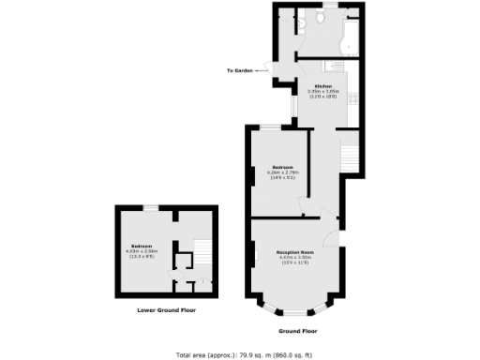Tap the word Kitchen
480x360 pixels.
click(x=322, y=85)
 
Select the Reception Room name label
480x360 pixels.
click(x=293, y=254)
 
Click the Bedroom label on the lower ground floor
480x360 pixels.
click(x=142, y=245)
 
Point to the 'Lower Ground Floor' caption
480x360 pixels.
click(x=165, y=309)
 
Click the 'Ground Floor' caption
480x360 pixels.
click(x=298, y=331)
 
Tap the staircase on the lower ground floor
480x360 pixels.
click(x=200, y=251)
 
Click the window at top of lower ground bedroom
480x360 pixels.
click(x=150, y=207)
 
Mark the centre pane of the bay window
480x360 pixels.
click(x=295, y=310)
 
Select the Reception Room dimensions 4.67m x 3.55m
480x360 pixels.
click(x=293, y=260)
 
